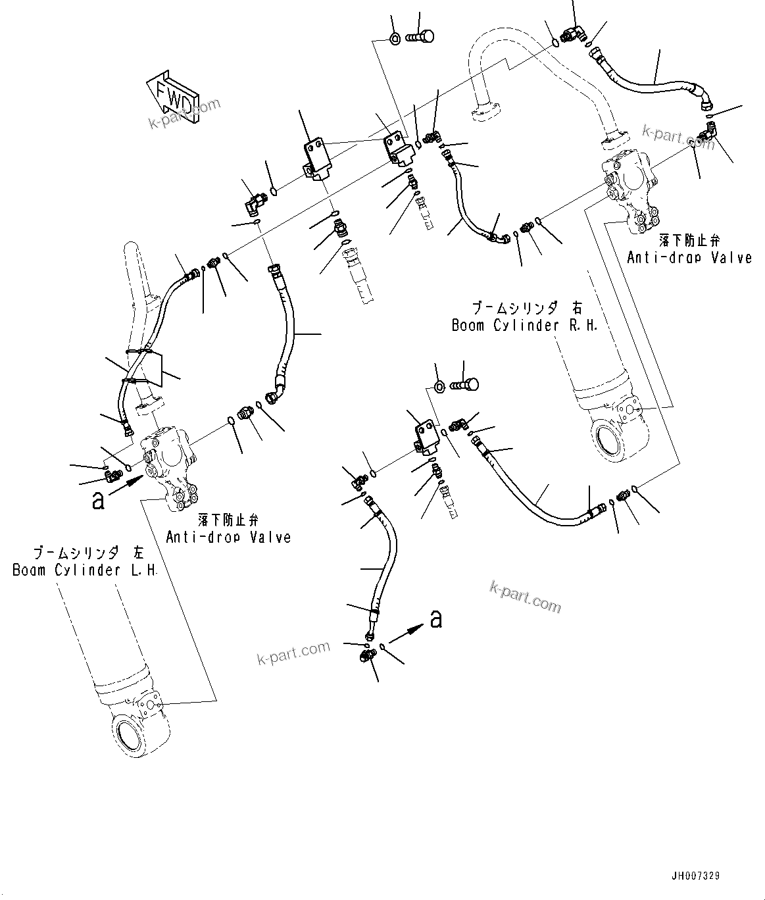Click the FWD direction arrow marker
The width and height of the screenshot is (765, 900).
click(170, 95)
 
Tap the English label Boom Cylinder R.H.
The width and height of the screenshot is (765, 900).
click(524, 326)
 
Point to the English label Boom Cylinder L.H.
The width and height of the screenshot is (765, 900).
click(85, 570)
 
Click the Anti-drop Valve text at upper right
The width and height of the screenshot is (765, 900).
click(689, 257)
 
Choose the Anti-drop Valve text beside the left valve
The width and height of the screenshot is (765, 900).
click(228, 537)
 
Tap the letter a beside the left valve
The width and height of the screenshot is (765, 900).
click(98, 501)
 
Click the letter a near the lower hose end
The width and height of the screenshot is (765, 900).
click(435, 618)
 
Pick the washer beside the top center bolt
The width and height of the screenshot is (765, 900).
click(395, 39)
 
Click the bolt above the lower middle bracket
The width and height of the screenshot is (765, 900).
click(465, 385)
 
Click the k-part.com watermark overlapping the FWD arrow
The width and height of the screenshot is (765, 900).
click(184, 114)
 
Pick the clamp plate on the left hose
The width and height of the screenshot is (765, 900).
click(153, 367)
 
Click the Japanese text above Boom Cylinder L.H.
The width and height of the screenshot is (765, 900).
click(84, 552)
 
